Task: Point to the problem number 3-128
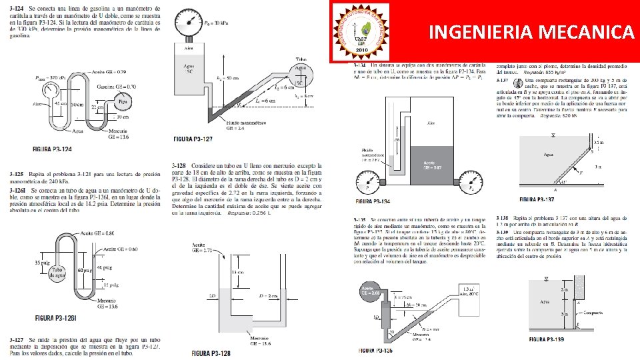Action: click(x=178, y=165)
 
